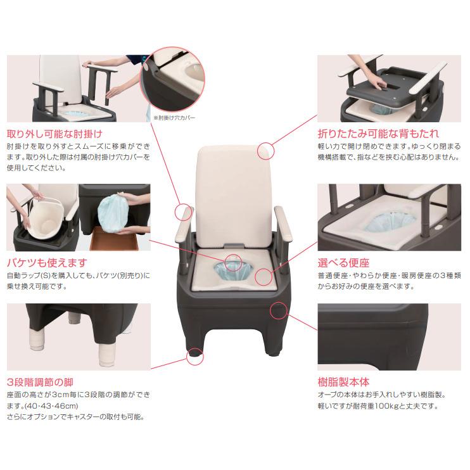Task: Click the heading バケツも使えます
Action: [46, 262]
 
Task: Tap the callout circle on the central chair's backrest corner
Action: [267, 151]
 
